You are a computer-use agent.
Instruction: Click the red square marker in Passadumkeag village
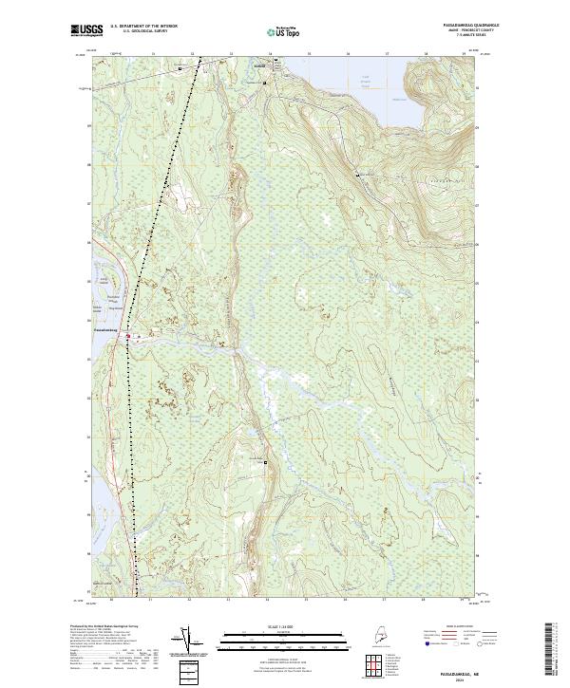pos(131,333)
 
